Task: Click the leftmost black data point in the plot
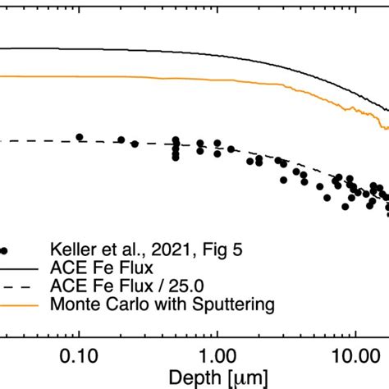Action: [x=80, y=137]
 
